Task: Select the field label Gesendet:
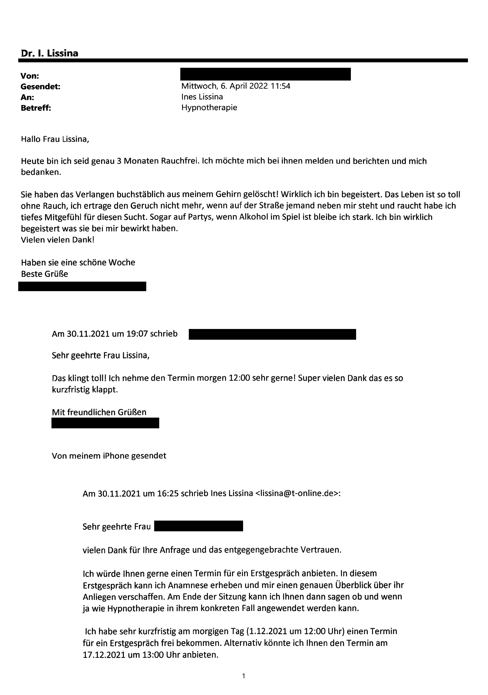pyautogui.click(x=40, y=87)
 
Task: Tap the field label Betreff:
pyautogui.click(x=36, y=108)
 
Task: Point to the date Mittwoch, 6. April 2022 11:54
pyautogui.click(x=236, y=86)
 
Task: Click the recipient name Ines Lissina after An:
pyautogui.click(x=202, y=97)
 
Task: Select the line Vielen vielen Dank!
pyautogui.click(x=57, y=240)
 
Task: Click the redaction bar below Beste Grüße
pyautogui.click(x=82, y=286)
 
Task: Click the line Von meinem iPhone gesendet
pyautogui.click(x=109, y=456)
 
